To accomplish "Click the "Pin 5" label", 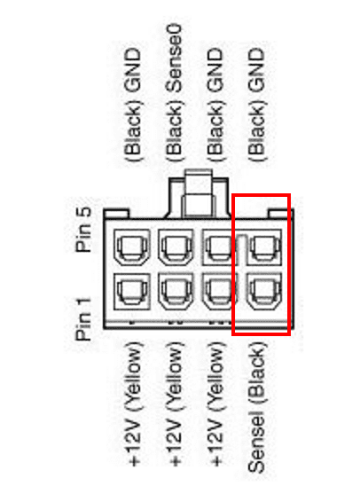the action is (x=83, y=230).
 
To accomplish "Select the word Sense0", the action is (x=174, y=59).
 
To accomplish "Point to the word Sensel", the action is (x=256, y=441).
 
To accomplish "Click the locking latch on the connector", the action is (x=199, y=193).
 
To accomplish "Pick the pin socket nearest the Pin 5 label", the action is (x=132, y=247).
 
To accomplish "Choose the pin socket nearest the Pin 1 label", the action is (x=132, y=292).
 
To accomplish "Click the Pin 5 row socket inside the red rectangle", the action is (x=264, y=247).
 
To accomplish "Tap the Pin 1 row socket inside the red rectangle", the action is (x=264, y=292).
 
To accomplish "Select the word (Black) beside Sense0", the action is (x=174, y=130).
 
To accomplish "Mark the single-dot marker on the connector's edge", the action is (x=132, y=323).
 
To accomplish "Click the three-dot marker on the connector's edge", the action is (x=218, y=323).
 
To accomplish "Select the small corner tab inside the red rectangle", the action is (x=278, y=214).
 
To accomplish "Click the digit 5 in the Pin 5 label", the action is (x=84, y=212).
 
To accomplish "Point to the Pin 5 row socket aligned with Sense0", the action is (x=176, y=247).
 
